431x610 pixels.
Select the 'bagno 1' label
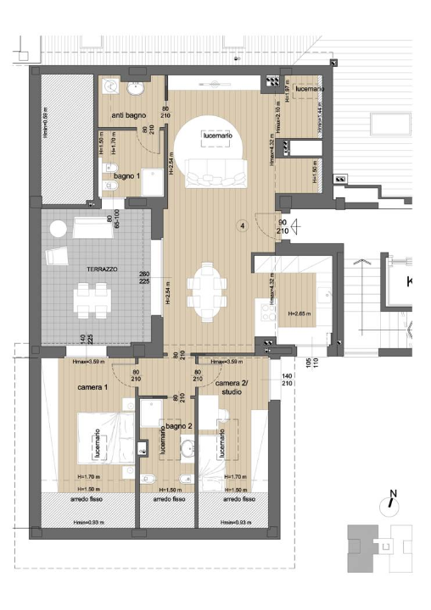(x=127, y=175)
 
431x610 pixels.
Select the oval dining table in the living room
(x=206, y=291)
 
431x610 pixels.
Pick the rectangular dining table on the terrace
(x=92, y=297)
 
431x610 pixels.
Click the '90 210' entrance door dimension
(x=282, y=226)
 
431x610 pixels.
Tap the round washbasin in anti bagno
(x=136, y=87)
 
